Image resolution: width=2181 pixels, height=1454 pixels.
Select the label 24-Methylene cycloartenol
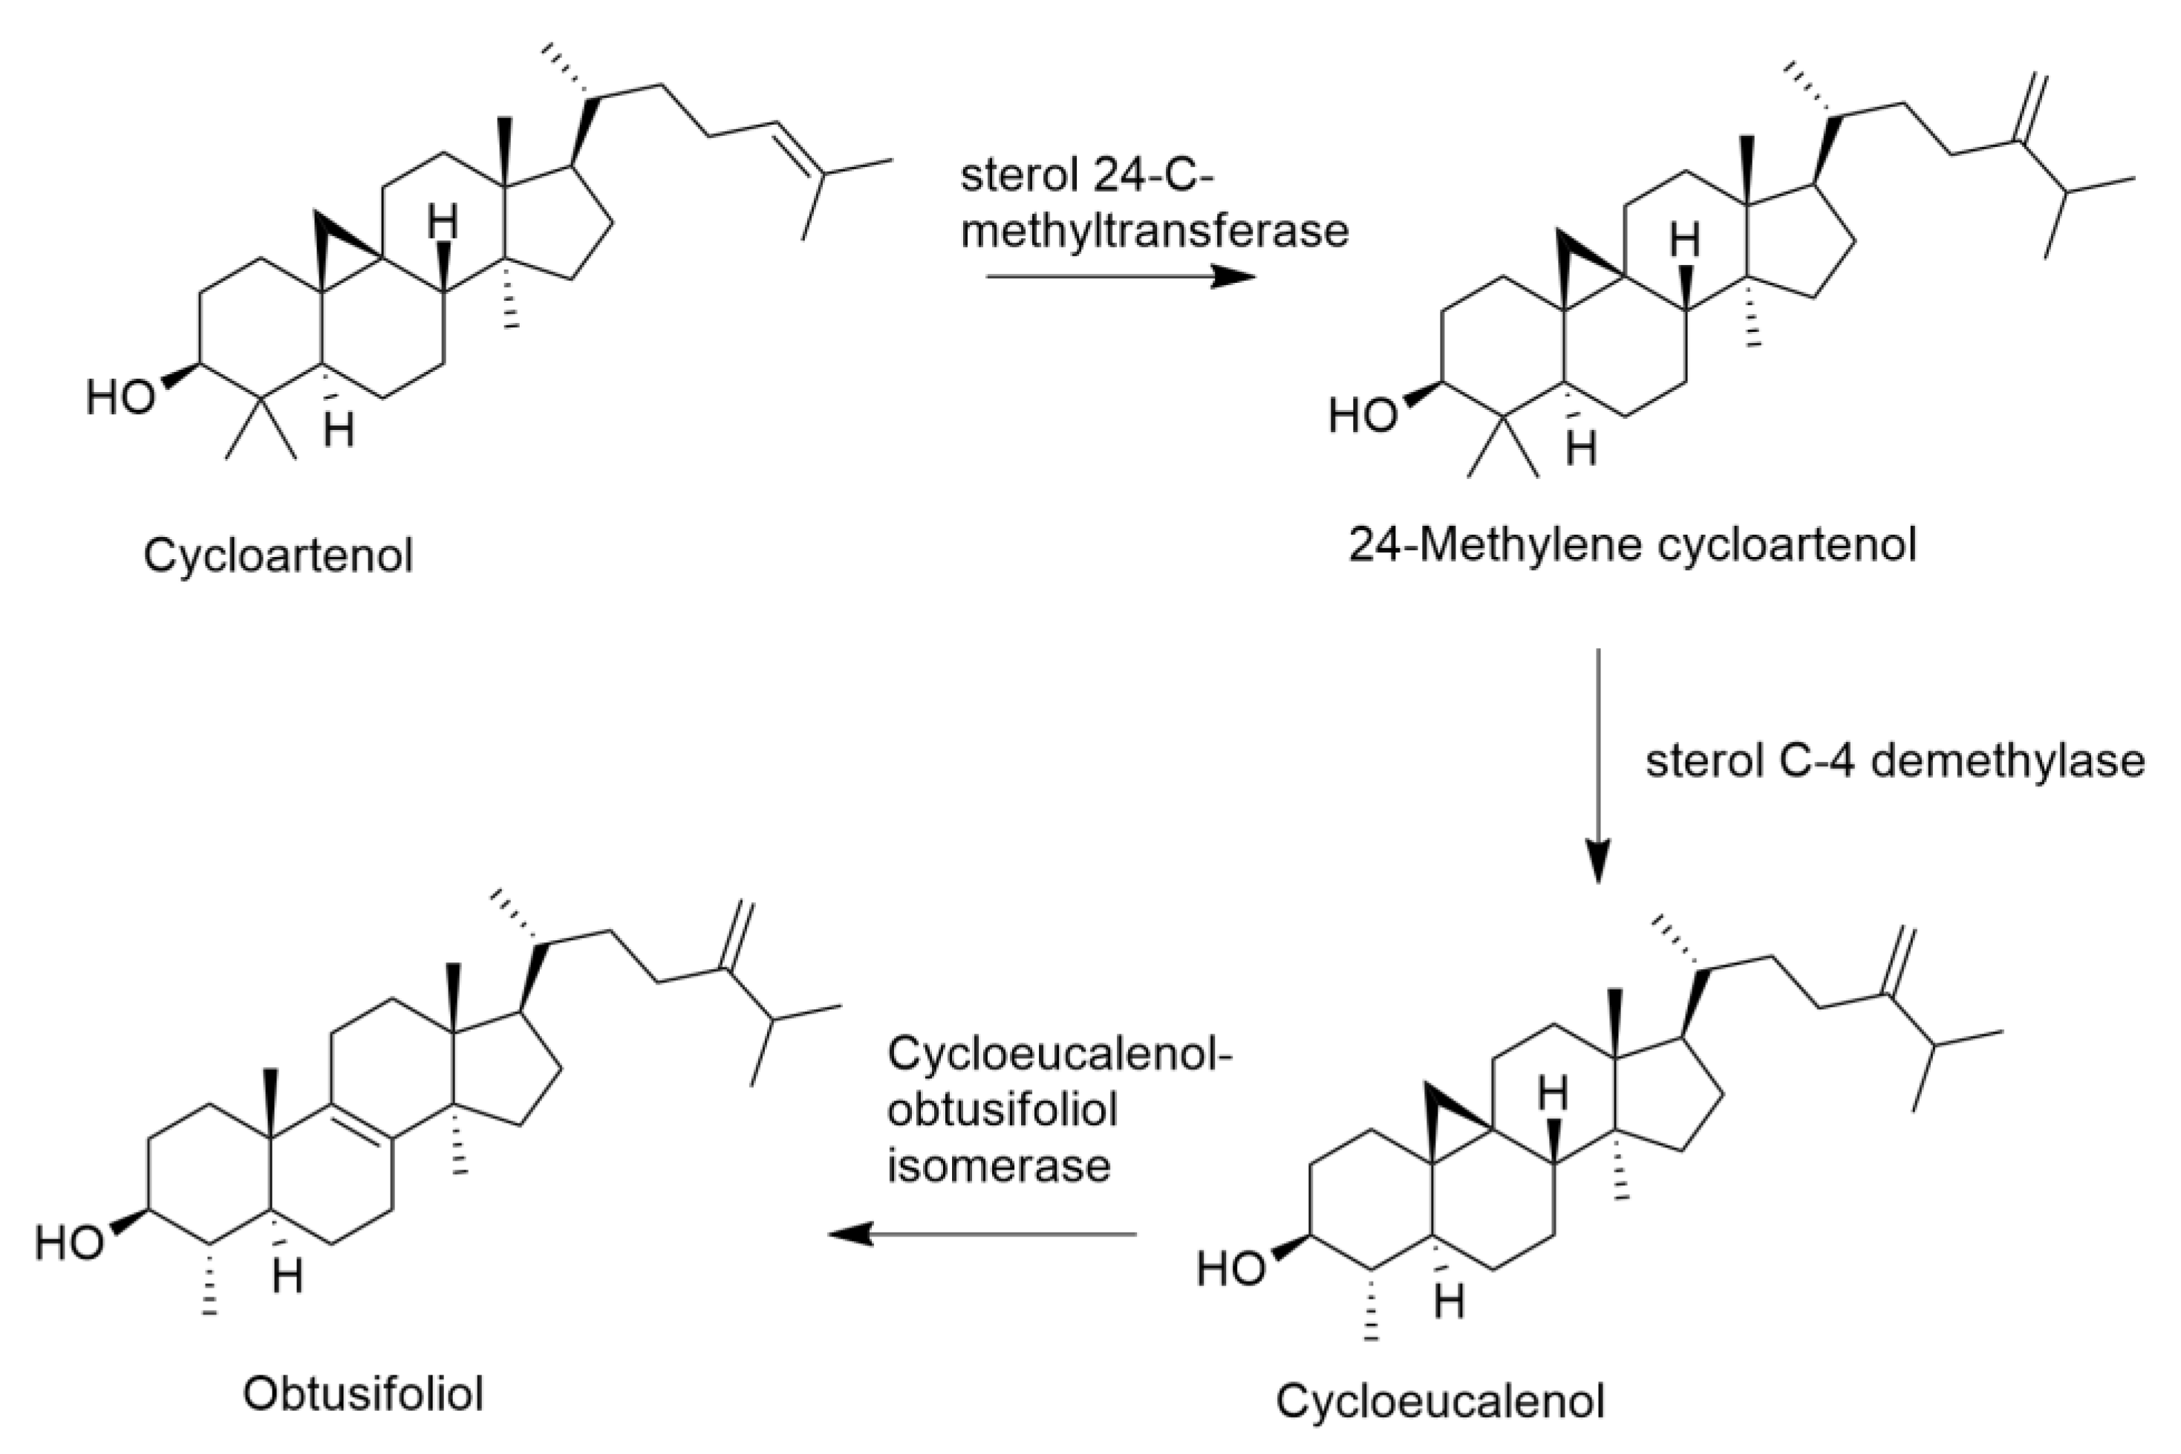(1632, 545)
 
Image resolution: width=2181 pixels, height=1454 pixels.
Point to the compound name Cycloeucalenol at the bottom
(1439, 1401)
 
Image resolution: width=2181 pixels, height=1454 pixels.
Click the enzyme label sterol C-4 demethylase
(1894, 761)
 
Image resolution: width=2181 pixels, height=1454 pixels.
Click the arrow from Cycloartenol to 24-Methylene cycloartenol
(1119, 276)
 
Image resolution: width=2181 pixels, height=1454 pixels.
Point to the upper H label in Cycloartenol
(443, 223)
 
